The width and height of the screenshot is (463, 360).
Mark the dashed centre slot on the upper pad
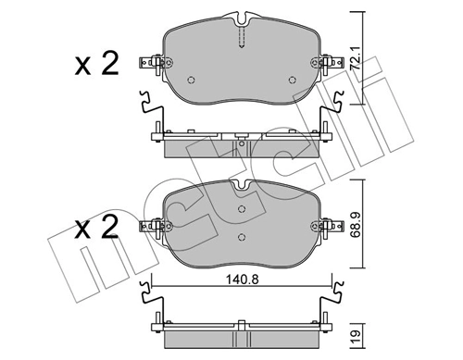tap(242, 37)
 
